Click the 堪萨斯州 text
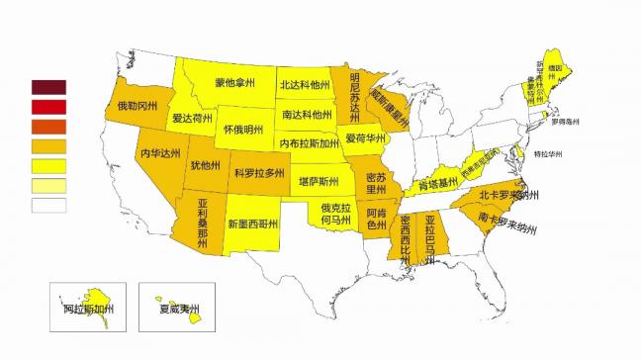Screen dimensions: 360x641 pyautogui.click(x=320, y=183)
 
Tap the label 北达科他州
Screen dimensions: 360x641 pyautogui.click(x=304, y=85)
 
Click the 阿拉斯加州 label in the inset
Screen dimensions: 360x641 pyautogui.click(x=86, y=308)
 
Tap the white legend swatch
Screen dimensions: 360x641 pyautogui.click(x=48, y=205)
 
